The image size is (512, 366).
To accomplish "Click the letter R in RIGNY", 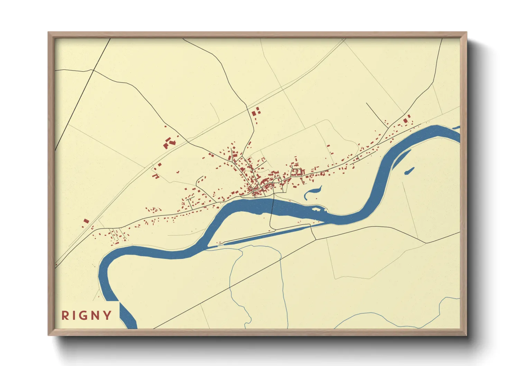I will click(x=65, y=315).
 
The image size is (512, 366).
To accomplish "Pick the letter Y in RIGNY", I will click(x=108, y=315).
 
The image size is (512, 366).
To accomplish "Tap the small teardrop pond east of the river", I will click(x=409, y=171).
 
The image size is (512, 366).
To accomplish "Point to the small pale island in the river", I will click(x=316, y=209).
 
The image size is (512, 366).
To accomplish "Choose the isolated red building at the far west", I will click(x=86, y=221).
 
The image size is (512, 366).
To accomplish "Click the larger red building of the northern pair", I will click(x=254, y=113).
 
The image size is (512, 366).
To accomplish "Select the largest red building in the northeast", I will click(x=405, y=121).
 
